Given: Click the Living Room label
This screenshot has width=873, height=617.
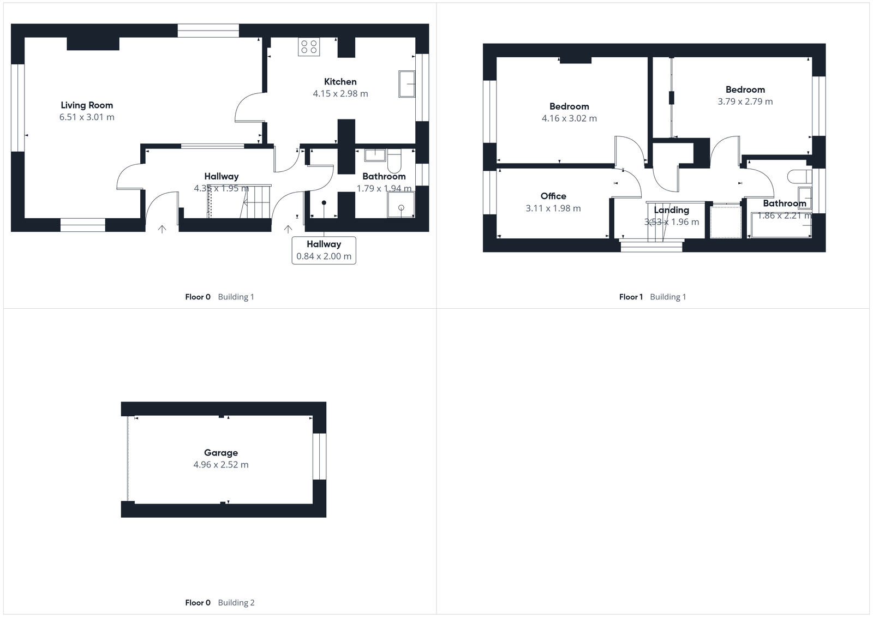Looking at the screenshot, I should (87, 105).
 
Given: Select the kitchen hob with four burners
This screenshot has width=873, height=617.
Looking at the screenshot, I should (309, 47).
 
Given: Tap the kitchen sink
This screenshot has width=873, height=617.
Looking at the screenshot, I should (406, 83).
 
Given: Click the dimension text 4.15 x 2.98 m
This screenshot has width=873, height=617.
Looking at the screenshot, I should (340, 94).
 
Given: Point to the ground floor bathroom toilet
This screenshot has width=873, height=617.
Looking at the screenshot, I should (394, 159).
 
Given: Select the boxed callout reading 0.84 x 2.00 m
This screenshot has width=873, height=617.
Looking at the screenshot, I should (324, 250).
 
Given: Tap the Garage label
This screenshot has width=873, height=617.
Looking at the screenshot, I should (220, 453).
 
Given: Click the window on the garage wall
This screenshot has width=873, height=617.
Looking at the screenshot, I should (319, 457).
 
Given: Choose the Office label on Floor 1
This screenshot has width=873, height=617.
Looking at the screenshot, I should (553, 196).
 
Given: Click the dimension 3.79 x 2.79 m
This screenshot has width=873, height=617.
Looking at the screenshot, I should (745, 101).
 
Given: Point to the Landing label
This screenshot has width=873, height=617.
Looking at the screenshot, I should (671, 210).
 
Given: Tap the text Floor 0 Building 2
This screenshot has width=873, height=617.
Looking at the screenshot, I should (219, 602).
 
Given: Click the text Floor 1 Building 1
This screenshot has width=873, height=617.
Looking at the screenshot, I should (652, 297).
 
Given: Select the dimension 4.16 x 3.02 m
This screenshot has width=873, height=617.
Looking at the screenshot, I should (569, 118).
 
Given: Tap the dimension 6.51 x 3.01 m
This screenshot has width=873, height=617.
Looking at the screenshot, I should (87, 117).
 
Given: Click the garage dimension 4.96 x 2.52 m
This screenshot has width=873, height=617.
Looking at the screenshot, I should (220, 465).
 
